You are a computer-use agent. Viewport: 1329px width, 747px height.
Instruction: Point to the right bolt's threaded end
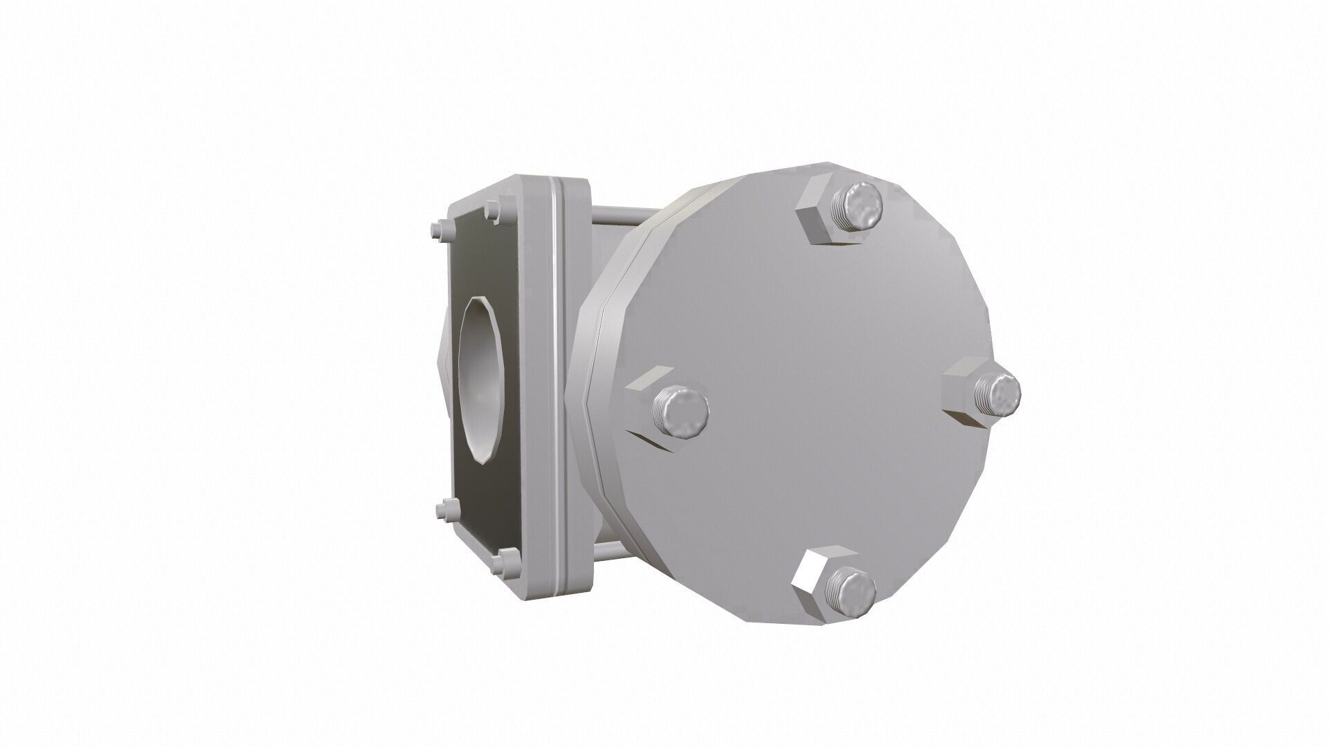point(997,394)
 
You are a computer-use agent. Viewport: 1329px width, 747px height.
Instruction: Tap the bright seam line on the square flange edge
point(557,387)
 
